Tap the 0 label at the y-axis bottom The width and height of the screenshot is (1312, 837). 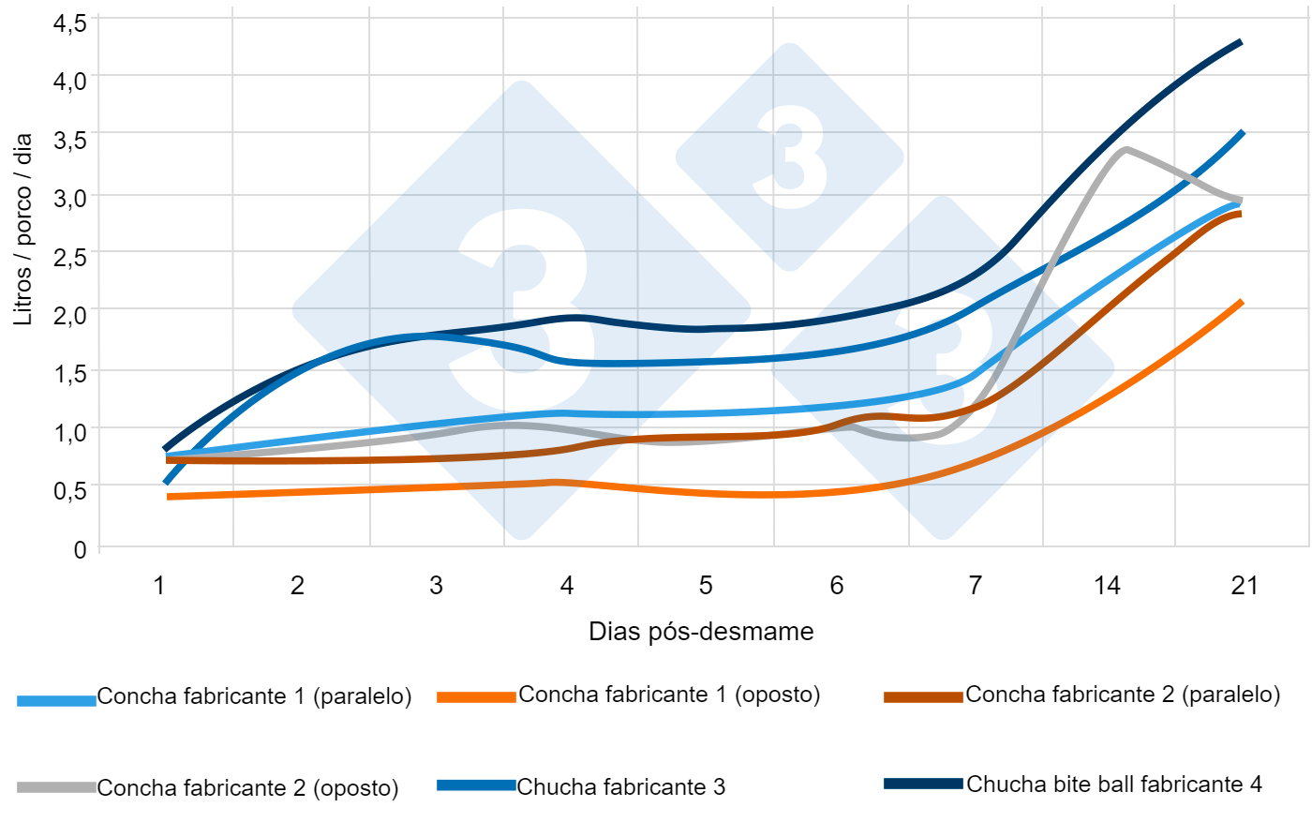click(80, 549)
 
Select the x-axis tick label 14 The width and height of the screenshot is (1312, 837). click(1107, 586)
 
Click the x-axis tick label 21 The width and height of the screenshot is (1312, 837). click(1244, 586)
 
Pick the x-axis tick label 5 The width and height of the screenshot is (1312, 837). click(705, 586)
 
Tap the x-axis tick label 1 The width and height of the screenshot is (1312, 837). click(159, 586)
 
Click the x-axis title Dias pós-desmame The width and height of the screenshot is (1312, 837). click(701, 632)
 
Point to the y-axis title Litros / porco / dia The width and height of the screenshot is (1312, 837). click(22, 230)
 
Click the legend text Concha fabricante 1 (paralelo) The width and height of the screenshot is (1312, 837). click(254, 696)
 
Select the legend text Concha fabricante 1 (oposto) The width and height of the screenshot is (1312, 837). click(669, 695)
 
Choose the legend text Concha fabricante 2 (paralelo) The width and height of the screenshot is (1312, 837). click(1123, 695)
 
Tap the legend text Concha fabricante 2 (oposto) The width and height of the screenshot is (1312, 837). click(247, 788)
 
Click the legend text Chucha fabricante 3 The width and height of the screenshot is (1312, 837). click(620, 787)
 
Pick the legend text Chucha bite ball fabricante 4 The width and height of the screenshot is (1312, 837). click(1113, 785)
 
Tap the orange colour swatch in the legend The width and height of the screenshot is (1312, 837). click(476, 696)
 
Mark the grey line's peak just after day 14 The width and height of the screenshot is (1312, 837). click(1125, 149)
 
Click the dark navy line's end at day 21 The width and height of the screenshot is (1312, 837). click(1241, 42)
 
